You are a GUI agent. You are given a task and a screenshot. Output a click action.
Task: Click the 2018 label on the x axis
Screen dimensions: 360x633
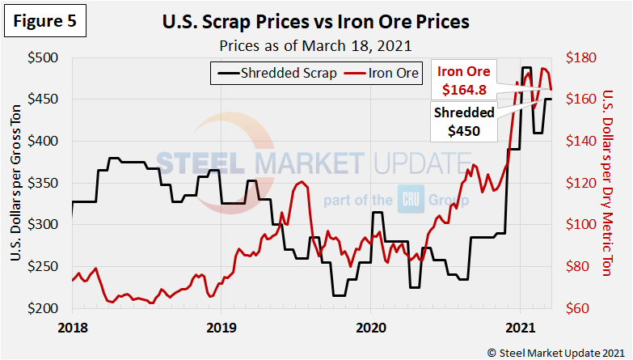[x=72, y=328]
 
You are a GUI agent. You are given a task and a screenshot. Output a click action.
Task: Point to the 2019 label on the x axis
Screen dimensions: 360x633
[x=221, y=328]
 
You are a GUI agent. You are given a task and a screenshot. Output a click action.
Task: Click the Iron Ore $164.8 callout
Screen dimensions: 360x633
[x=463, y=79]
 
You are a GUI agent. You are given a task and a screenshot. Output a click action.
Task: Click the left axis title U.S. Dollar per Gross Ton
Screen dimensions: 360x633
[x=17, y=184]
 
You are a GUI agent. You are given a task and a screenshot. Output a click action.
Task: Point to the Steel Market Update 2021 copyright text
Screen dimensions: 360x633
[x=555, y=352]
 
